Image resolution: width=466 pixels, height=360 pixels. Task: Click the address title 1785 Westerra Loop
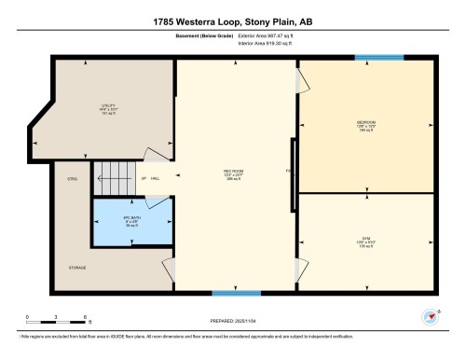pos(233,21)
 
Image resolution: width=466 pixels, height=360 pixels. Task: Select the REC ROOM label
pos(235,174)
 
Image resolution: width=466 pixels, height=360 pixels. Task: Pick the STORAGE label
pos(76,268)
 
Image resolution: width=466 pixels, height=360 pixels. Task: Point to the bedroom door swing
pos(300,82)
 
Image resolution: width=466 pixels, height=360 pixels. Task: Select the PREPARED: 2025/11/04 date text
pos(232,322)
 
